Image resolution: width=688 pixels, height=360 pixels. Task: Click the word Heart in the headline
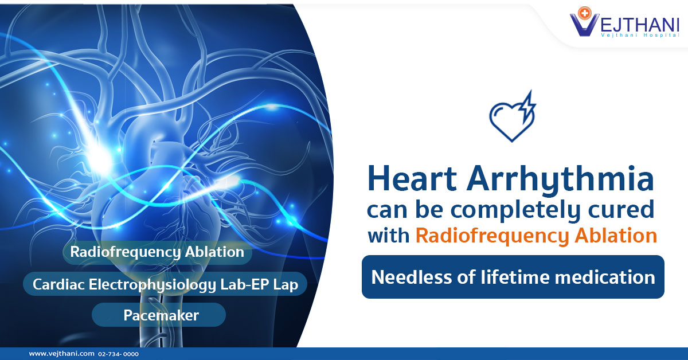tap(412, 178)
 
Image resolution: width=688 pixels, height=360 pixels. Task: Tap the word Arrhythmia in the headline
tap(561, 181)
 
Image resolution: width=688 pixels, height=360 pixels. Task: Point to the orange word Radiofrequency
tap(492, 236)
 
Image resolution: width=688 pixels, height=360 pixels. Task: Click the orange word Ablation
tap(616, 235)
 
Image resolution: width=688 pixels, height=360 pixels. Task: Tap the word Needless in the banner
tap(411, 277)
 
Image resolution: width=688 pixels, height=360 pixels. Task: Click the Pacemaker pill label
tap(161, 315)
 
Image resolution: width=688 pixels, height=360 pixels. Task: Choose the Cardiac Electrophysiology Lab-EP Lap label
tap(165, 284)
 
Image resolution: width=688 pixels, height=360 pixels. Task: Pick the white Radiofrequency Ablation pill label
tap(157, 252)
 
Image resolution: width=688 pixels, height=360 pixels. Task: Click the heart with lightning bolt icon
tap(513, 117)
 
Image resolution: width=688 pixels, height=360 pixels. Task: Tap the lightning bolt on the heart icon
tap(527, 105)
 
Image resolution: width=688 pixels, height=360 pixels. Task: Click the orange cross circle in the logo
tap(584, 13)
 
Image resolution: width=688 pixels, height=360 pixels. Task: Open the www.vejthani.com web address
tap(62, 354)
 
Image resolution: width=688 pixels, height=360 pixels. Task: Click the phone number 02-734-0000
tap(118, 354)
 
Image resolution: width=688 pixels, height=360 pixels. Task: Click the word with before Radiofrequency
tap(389, 236)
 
